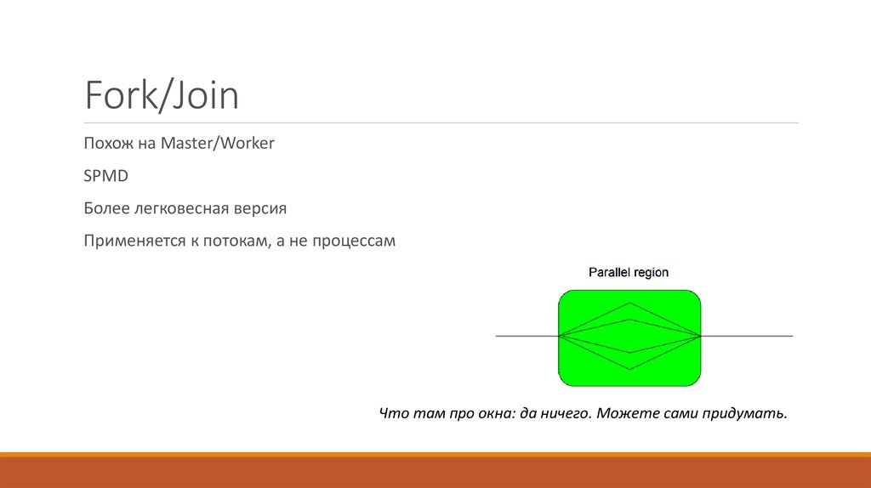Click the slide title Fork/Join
(161, 96)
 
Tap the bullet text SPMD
(105, 176)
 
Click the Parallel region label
(629, 272)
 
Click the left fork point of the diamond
(559, 336)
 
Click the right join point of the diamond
(701, 336)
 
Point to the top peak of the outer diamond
(629, 304)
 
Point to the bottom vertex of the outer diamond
(629, 369)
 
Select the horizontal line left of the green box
(527, 336)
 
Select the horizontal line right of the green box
(748, 336)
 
